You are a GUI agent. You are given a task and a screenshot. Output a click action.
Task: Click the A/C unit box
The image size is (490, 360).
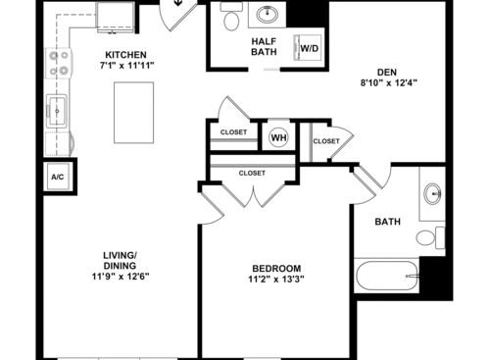pos(58,177)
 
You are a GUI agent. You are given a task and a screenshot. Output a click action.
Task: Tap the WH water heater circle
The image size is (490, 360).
pos(278,137)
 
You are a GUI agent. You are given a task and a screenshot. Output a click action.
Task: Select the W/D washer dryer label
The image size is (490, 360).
pos(310,49)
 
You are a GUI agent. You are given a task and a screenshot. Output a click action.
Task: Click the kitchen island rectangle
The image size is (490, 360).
pos(134,113)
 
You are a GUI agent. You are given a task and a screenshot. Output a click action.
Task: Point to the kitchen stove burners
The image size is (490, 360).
pos(59,63)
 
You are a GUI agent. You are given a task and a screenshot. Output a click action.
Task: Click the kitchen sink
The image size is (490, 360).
pos(57,111)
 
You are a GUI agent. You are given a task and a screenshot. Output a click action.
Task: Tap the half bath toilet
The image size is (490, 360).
pos(231,17)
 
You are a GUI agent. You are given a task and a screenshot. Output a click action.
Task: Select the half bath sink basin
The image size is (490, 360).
pos(268,15)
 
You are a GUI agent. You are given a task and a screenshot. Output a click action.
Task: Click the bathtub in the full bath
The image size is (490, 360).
pos(387,276)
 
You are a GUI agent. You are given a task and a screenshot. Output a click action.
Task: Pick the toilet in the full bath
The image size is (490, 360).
pos(430,237)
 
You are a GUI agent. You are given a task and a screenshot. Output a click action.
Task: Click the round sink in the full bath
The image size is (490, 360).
pos(433,193)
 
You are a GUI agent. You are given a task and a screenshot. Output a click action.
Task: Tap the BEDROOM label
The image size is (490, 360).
pos(276,269)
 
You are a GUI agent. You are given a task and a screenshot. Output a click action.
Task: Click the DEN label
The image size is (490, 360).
pos(387,73)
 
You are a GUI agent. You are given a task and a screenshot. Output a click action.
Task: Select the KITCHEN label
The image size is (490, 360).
pos(125,55)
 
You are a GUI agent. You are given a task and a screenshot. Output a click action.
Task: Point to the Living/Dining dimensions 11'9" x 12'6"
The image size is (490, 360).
pos(121,277)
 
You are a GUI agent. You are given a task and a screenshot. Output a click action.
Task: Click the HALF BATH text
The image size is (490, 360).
pos(264,46)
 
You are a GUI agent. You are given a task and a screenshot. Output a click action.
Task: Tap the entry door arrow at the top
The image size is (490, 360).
pos(177,3)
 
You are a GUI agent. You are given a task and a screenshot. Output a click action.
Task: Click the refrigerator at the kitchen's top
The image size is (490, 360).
pos(116,17)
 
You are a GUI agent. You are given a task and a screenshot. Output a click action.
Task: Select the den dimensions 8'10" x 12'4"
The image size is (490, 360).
pos(389,83)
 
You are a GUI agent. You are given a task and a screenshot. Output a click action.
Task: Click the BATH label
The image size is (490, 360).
pos(387,222)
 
